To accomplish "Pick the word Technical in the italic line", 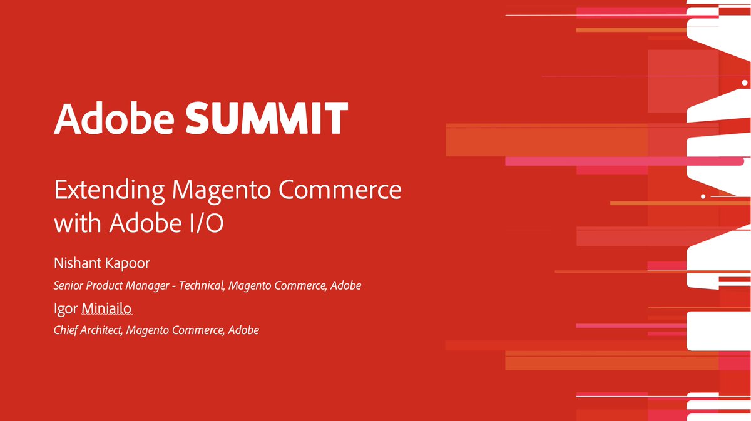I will point(202,286).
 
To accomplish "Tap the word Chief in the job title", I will point(67,330).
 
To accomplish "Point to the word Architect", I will point(101,330).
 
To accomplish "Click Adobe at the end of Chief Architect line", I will point(243,330).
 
